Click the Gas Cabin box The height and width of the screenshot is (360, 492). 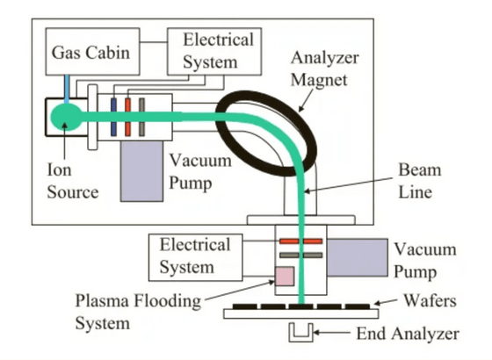92,52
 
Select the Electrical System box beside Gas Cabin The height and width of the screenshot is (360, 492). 214,52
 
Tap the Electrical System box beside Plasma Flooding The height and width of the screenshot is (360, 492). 195,257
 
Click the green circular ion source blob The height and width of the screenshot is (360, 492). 66,117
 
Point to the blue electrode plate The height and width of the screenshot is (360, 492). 113,117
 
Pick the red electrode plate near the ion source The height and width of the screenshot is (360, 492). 127,117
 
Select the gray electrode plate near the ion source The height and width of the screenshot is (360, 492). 141,117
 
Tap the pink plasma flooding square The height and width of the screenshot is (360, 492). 285,277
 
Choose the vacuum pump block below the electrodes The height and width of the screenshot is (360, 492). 141,171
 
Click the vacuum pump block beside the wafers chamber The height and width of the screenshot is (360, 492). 357,257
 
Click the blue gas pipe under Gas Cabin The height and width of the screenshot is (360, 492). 67,89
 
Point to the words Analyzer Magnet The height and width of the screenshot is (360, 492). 325,68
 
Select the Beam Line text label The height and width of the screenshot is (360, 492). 420,181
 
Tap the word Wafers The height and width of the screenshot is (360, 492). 430,300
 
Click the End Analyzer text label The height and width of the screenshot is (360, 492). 408,334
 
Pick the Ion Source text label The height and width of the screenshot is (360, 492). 72,181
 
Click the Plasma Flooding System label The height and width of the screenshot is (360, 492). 138,312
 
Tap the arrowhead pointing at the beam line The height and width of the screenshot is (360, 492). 307,191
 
